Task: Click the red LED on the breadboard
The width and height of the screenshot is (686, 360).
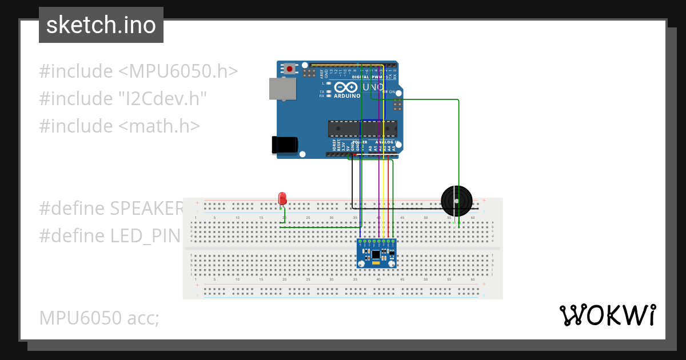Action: click(x=282, y=198)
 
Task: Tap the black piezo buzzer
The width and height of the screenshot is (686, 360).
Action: click(x=457, y=201)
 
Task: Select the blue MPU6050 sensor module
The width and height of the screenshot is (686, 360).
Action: click(x=377, y=253)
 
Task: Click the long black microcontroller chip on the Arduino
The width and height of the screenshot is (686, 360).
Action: click(x=362, y=129)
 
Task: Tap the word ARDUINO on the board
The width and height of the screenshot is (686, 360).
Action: click(x=347, y=96)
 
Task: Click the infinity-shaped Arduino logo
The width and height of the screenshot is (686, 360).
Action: click(x=346, y=87)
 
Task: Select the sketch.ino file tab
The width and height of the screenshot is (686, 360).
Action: click(x=101, y=25)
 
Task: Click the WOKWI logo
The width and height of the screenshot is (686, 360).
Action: click(x=608, y=315)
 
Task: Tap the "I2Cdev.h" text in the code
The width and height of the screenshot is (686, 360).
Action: click(x=162, y=98)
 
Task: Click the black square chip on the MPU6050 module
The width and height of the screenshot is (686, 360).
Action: click(x=376, y=254)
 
